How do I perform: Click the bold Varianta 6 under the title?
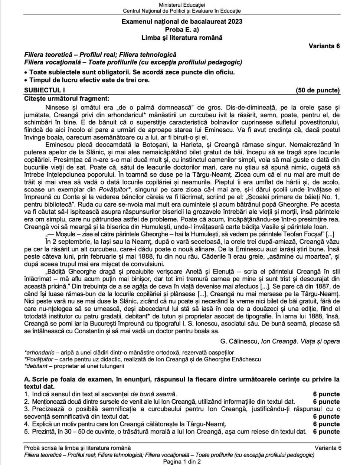coord(324,46)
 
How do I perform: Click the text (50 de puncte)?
coord(317,90)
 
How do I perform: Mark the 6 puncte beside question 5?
coord(326,431)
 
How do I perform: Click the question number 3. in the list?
coord(26,409)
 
